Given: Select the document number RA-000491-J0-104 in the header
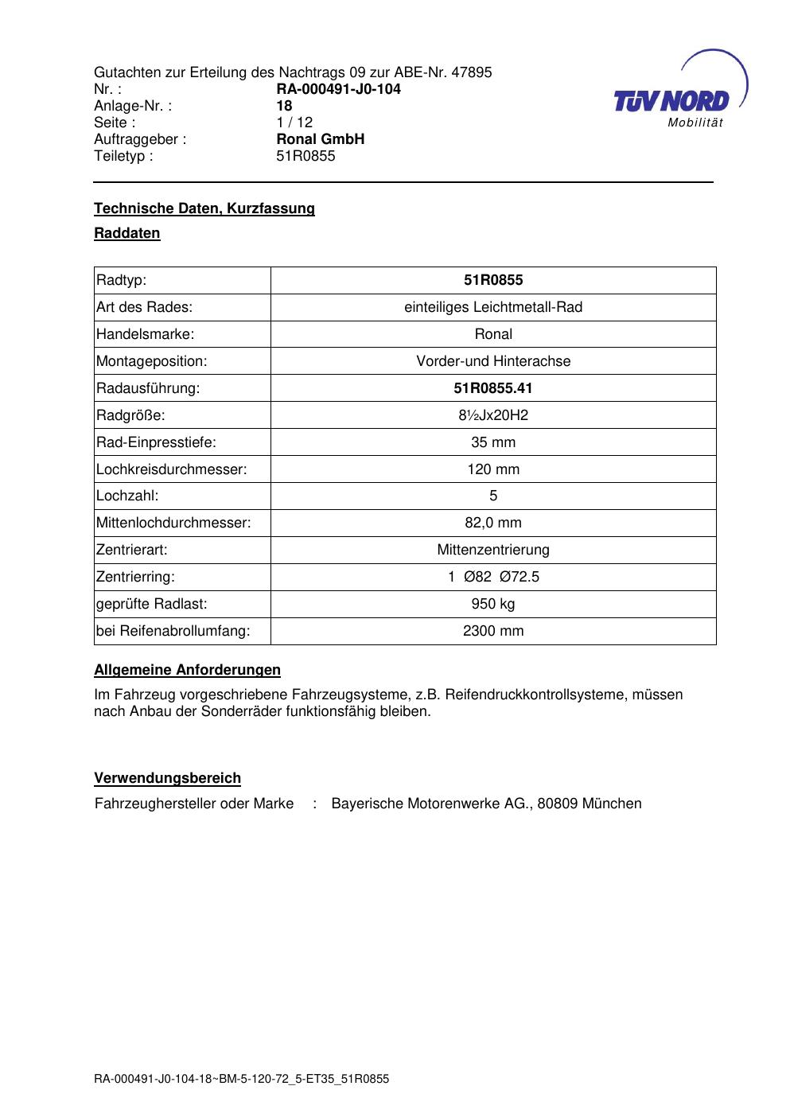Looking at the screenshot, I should tap(338, 89).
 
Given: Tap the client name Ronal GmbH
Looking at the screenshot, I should tap(320, 139).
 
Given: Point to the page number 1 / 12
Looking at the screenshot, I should tap(294, 123).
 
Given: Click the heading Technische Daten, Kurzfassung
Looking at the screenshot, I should tap(204, 208).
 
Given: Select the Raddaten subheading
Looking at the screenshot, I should tap(127, 233).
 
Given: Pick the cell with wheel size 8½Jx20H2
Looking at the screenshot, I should tap(493, 415).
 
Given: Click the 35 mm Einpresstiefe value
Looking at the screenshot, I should tap(493, 442).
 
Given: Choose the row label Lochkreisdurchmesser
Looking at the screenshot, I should tap(171, 469).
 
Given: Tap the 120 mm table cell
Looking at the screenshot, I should tap(493, 469).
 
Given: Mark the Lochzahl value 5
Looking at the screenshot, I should tap(493, 496).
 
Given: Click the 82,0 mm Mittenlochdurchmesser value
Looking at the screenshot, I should tap(493, 523).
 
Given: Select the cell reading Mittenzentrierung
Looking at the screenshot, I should tap(493, 550).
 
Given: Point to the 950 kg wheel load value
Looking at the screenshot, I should tap(493, 604).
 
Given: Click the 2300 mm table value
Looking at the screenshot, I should tap(493, 631).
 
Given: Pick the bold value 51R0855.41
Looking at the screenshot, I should tap(493, 388).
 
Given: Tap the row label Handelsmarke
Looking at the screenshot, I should tap(145, 334).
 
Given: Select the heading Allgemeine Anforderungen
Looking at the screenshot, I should tap(187, 670).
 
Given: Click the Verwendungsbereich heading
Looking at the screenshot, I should tap(167, 778).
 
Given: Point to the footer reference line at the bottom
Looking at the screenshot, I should tap(241, 1080).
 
